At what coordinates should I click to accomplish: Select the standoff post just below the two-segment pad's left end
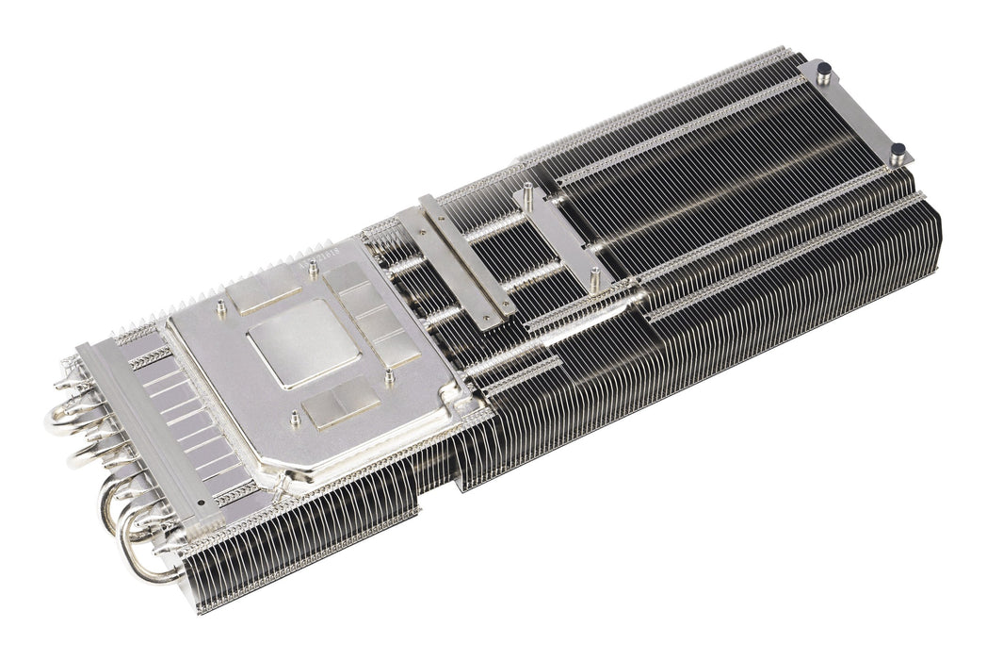coord(296,418)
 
